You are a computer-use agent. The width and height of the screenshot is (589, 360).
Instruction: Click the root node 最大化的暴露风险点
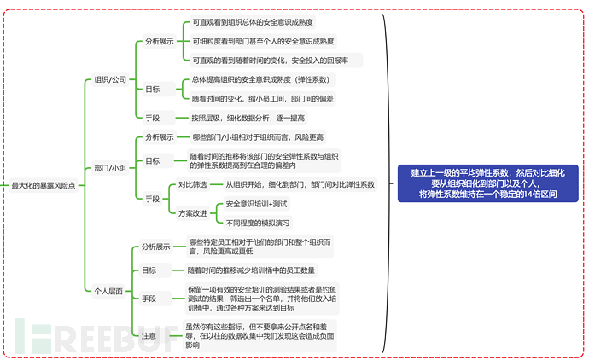tap(43, 184)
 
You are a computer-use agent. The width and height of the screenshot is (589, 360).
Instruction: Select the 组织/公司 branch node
tap(111, 79)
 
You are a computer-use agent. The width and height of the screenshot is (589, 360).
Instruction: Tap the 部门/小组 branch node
tap(111, 167)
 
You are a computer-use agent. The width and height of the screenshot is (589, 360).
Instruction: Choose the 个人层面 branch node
tap(108, 291)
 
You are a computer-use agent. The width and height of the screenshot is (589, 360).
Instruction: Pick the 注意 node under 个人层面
tap(149, 335)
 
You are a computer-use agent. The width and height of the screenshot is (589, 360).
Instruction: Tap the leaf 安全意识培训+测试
tap(256, 205)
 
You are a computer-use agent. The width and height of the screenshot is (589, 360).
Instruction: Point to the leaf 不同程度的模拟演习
tap(258, 222)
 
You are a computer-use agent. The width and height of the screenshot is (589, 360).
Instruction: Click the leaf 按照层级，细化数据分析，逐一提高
tap(248, 118)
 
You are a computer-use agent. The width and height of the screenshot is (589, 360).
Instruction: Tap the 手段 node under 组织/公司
tap(152, 118)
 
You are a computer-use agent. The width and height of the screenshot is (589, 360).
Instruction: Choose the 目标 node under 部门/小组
tap(152, 161)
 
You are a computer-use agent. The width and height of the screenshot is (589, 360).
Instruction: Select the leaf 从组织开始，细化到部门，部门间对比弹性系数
tap(300, 184)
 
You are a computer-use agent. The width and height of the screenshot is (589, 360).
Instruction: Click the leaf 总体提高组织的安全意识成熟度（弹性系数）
tap(263, 79)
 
